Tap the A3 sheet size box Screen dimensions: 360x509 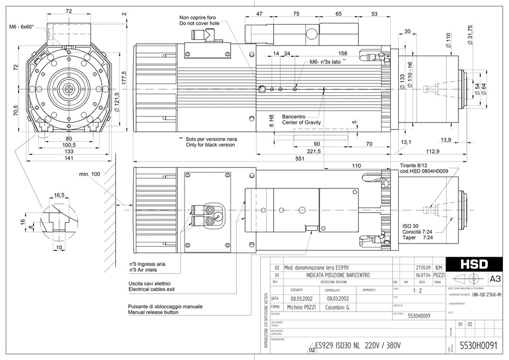point(496,278)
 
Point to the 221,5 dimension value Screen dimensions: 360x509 point(314,152)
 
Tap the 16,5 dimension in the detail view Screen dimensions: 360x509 point(59,195)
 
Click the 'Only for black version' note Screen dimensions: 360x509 point(210,145)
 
